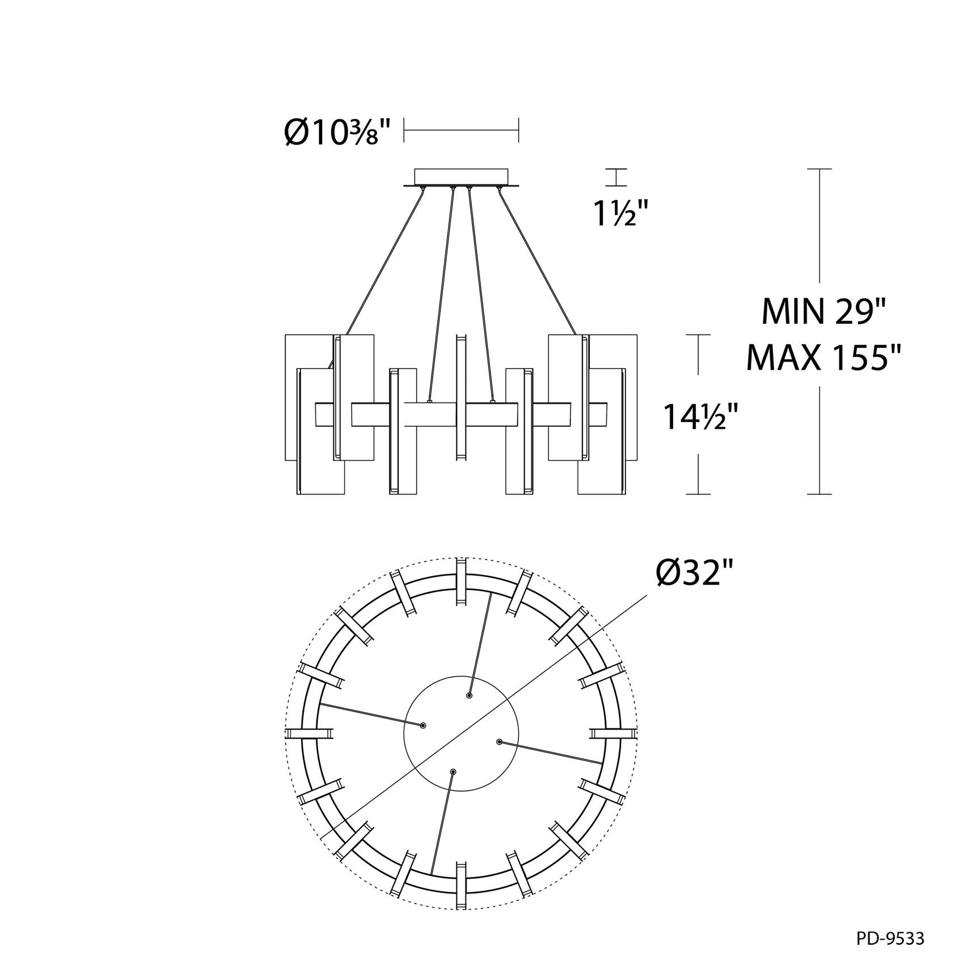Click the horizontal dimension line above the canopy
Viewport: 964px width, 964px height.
tap(461, 130)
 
